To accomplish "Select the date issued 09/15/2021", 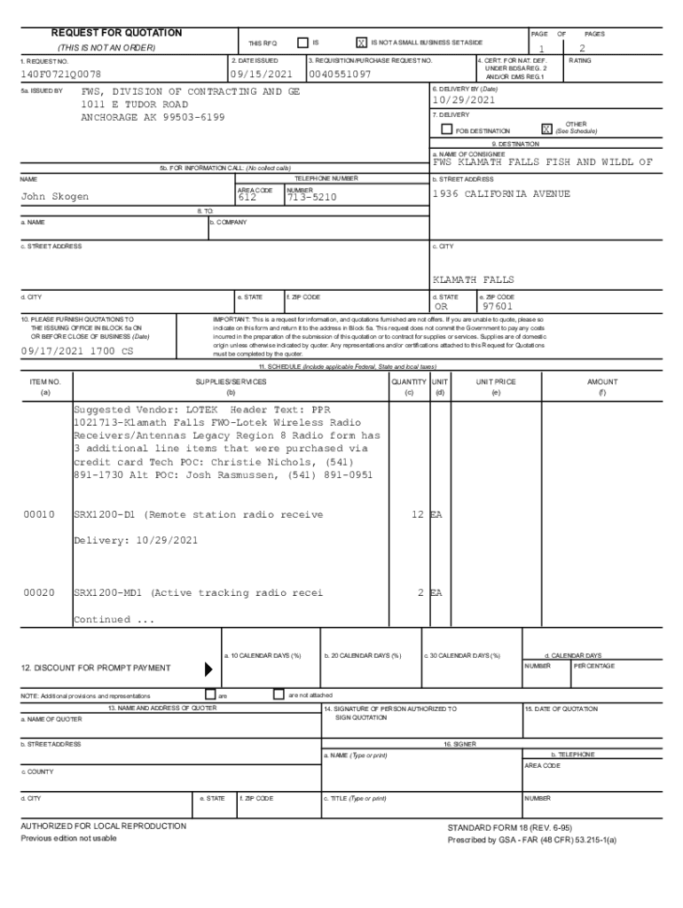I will click(261, 74).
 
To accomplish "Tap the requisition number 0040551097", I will click(341, 74).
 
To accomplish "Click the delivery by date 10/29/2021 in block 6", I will click(463, 100).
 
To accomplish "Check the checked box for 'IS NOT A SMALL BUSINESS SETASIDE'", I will click(361, 43).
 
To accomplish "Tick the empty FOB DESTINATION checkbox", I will click(447, 130).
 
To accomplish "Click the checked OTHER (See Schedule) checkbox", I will click(547, 129).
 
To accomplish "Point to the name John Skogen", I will click(55, 196).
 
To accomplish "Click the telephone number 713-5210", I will click(311, 198).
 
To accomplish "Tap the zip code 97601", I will click(499, 307).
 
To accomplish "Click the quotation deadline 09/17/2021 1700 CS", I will click(77, 351).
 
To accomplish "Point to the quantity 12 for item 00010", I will click(416, 514).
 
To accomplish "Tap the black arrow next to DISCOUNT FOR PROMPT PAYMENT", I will click(209, 668).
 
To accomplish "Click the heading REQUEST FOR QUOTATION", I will click(116, 33).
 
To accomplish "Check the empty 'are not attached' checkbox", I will click(279, 694).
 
